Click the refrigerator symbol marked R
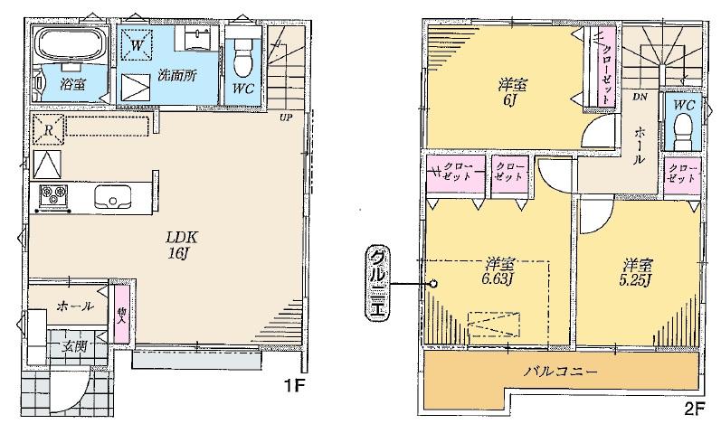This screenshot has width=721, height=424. tap(48, 128)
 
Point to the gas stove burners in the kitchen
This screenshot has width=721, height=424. tap(52, 194)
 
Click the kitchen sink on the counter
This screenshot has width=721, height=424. tap(114, 195)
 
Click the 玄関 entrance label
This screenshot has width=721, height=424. tap(75, 344)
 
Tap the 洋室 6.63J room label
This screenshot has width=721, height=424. tap(499, 270)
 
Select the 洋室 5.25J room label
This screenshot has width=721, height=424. tap(638, 271)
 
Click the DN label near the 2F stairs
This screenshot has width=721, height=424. tap(640, 96)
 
